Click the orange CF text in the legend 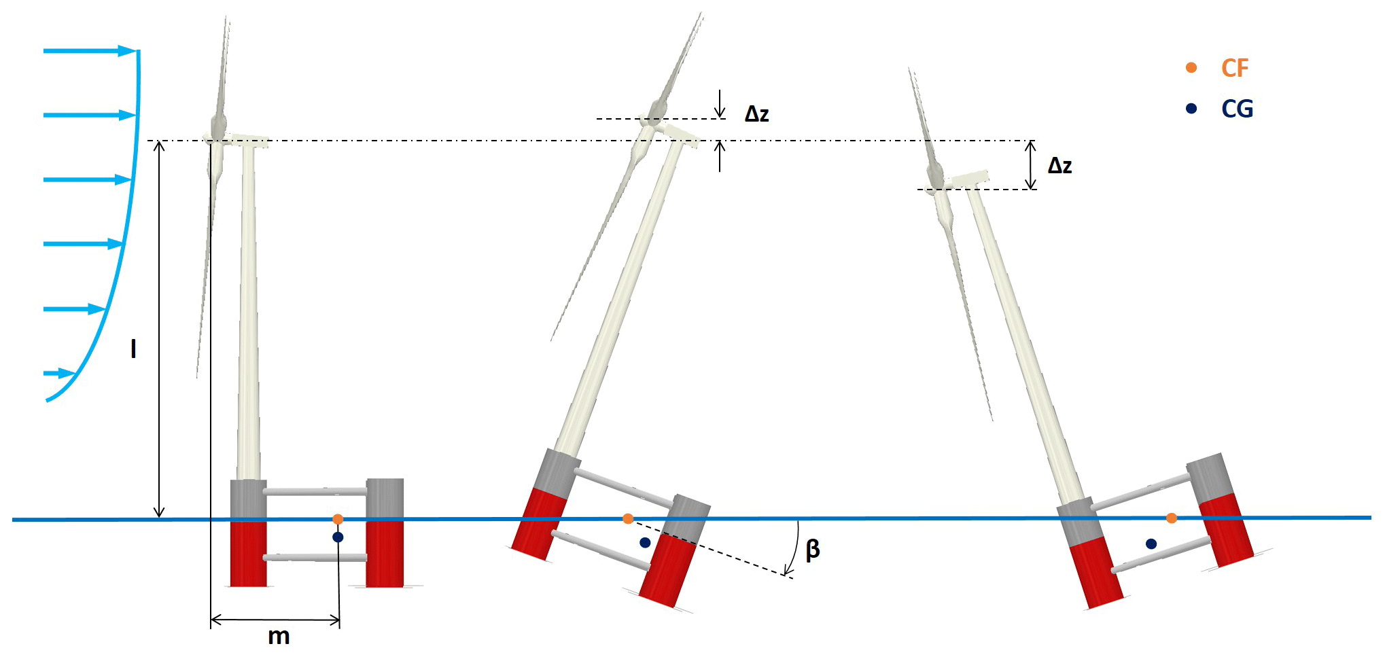pos(1235,68)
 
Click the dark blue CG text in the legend pos(1237,109)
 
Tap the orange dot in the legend pos(1191,67)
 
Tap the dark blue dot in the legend pos(1191,108)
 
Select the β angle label pos(812,549)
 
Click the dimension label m pos(279,637)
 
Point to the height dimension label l pos(133,349)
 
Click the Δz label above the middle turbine pos(756,114)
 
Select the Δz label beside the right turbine pos(1059,166)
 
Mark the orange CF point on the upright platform pos(338,519)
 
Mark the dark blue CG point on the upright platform pos(338,537)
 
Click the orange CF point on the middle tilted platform pos(628,519)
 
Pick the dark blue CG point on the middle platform pos(645,542)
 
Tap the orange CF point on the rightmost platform pos(1172,518)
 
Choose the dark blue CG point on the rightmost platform pos(1151,544)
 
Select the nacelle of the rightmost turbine pos(969,179)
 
